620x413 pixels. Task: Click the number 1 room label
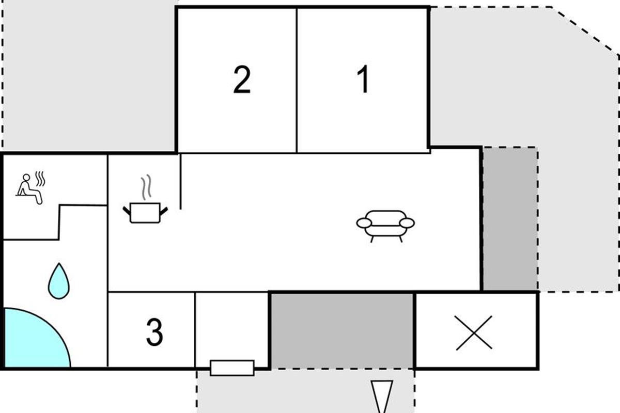coord(363,79)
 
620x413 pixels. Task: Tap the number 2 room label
coord(242,80)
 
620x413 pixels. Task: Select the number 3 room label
coord(154,332)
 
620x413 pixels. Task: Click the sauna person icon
coord(29,189)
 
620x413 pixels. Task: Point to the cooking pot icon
coord(145,213)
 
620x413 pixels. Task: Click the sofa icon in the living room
coord(385,226)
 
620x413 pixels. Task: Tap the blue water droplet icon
coord(59,281)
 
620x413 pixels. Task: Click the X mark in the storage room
coord(474,333)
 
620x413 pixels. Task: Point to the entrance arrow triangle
coord(382,395)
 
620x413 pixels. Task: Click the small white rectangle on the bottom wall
coord(232,368)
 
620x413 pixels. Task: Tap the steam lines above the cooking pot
coord(146,187)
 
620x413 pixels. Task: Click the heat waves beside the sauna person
coord(40,179)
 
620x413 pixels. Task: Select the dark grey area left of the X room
coord(342,330)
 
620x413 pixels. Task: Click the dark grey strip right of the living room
coord(510,219)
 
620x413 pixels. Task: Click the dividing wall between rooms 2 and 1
coord(297,80)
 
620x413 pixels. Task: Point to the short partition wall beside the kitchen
coord(180,182)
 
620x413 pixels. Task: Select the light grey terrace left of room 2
coord(88,75)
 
